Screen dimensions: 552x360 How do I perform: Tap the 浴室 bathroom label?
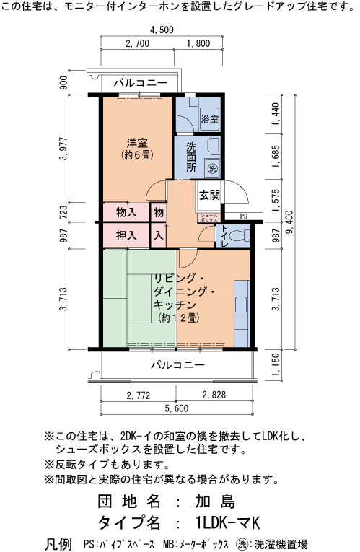210,118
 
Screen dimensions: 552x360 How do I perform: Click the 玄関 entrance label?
210,195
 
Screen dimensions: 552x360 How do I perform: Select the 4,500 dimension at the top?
162,30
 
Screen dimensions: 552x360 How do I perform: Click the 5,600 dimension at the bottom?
176,409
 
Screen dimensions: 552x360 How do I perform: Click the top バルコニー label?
141,84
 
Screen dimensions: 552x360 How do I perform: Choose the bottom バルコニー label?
177,364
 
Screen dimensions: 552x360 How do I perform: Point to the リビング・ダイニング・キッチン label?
183,297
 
